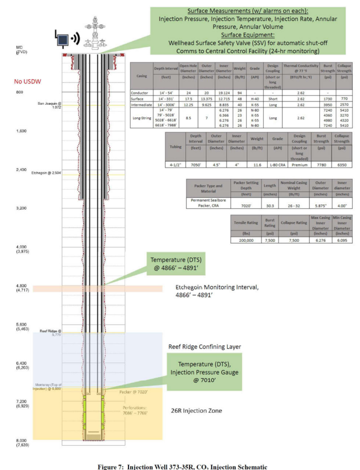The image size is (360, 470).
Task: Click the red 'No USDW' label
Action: (28, 81)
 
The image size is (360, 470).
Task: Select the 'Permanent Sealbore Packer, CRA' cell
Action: (205, 203)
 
